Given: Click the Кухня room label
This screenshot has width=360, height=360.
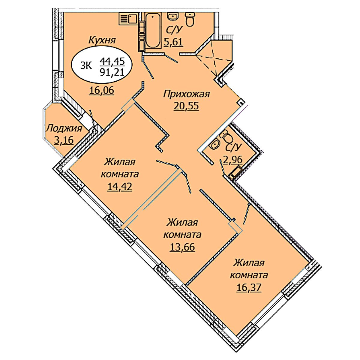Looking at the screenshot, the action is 102,40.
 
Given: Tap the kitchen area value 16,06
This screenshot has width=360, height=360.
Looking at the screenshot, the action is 102,91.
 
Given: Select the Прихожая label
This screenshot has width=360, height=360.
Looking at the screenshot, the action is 186,94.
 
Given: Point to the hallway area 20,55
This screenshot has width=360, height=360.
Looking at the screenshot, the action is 186,106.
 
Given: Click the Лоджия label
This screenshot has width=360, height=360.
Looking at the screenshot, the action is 64,129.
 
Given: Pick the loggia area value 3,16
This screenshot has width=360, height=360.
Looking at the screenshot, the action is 64,140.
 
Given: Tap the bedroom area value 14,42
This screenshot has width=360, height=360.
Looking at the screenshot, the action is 120,186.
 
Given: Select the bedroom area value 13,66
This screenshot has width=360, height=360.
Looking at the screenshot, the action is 182,247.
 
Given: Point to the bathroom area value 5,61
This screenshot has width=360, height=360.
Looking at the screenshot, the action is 173,42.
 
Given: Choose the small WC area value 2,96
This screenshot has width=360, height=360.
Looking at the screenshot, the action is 233,160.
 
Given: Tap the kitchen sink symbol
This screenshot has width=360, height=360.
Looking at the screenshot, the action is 128,19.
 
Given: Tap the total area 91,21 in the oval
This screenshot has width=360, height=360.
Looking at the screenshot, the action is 112,72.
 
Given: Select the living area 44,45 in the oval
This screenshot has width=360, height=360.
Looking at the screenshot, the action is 112,61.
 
